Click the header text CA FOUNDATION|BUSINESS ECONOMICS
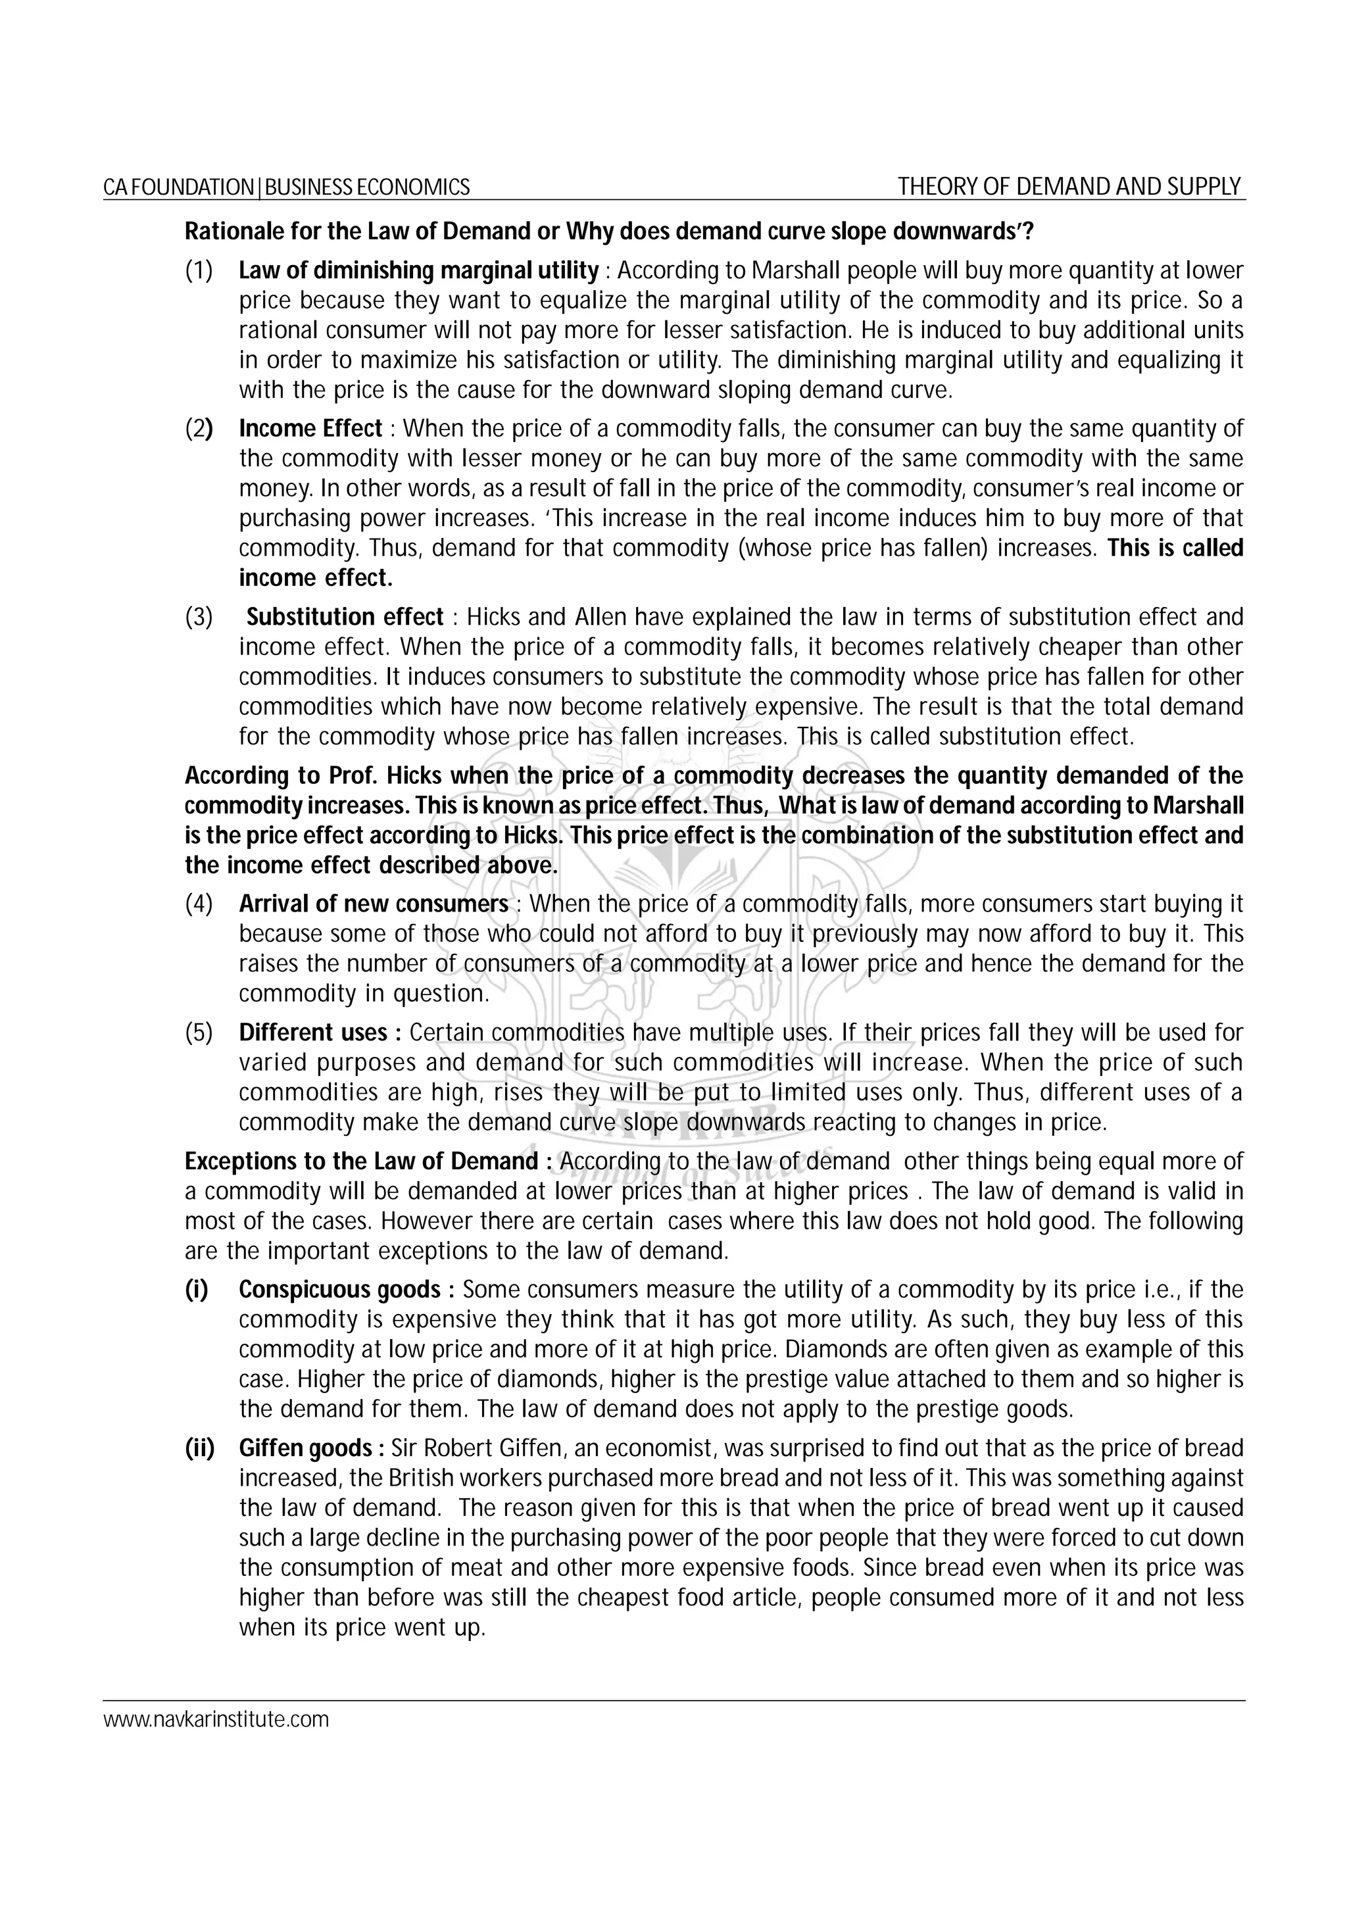point(286,187)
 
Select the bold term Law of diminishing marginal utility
point(418,270)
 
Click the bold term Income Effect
point(310,428)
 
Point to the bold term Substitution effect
point(345,617)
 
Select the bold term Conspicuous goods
point(340,1289)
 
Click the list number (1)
point(199,270)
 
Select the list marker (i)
point(196,1289)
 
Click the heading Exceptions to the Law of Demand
point(362,1161)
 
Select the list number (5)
point(199,1032)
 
